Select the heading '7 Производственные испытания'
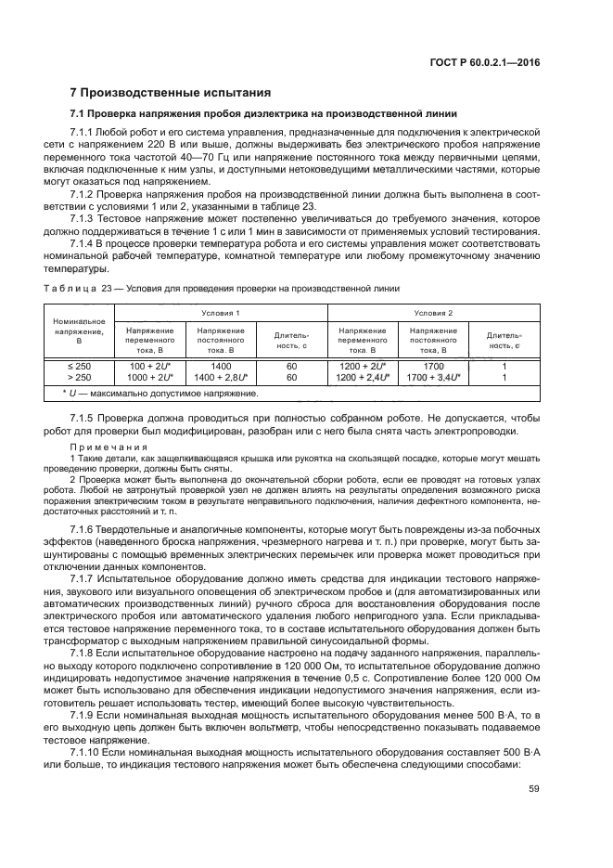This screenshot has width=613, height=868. [x=171, y=93]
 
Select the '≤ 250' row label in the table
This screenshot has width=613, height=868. [x=81, y=366]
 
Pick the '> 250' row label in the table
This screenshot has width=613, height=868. [x=81, y=378]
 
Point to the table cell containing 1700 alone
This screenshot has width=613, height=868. [x=433, y=366]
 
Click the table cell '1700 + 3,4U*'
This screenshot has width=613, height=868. [x=433, y=378]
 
